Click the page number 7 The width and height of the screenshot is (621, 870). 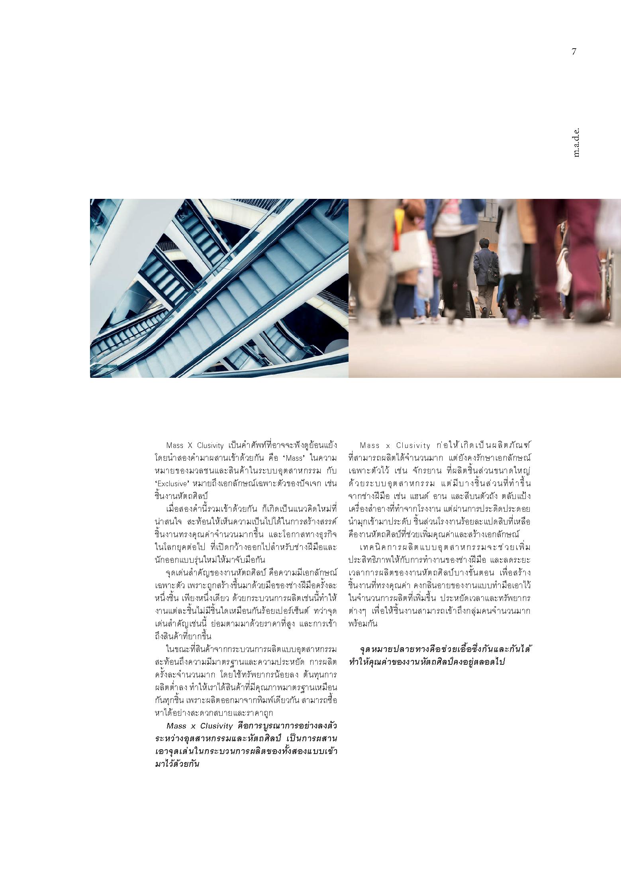pos(574,52)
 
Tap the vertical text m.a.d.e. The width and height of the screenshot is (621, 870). pos(576,142)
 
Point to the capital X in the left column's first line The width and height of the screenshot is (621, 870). pos(190,445)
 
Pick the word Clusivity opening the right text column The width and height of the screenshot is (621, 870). pos(413,445)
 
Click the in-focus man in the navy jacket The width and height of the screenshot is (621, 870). pos(485,275)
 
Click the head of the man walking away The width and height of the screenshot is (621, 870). pos(484,243)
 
